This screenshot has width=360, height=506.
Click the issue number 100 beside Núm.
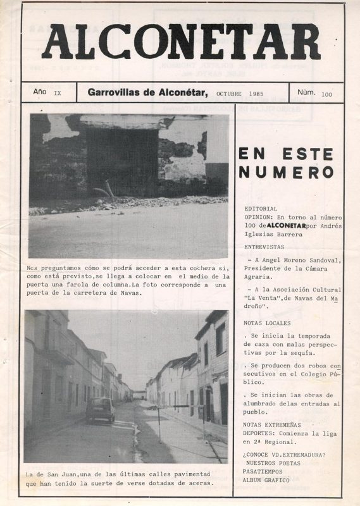(x=326, y=95)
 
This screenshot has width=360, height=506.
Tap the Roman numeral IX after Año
(x=58, y=93)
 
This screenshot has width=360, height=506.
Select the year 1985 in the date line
(x=256, y=93)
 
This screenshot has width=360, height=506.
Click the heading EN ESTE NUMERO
(x=286, y=163)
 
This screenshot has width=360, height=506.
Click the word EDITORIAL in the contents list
(x=260, y=208)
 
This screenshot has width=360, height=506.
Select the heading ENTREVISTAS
(x=264, y=247)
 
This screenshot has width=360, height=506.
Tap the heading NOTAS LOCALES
(x=267, y=323)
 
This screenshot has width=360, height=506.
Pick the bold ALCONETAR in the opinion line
(x=286, y=225)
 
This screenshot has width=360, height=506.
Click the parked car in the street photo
(x=101, y=410)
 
